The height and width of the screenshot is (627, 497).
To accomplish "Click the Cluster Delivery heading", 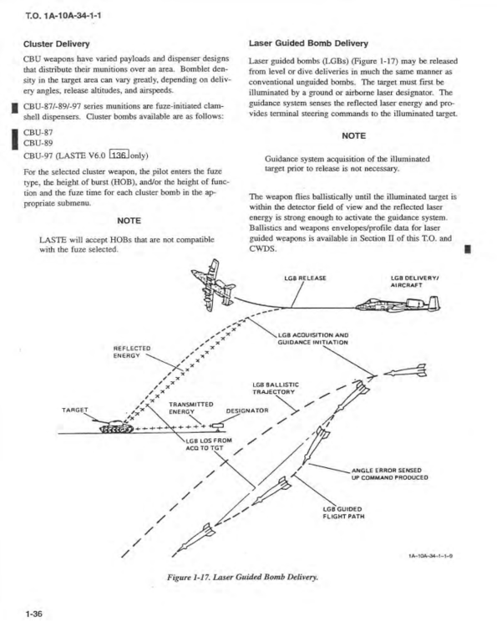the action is click(x=56, y=43).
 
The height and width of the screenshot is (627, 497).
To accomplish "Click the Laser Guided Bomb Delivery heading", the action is click(x=308, y=43).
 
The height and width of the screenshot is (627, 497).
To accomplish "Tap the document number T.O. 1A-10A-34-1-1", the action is click(x=63, y=16).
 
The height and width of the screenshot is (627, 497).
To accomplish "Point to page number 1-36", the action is click(x=34, y=614).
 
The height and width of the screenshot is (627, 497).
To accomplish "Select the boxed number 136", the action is click(x=119, y=155).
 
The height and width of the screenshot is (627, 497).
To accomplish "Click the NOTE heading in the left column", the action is click(x=129, y=221).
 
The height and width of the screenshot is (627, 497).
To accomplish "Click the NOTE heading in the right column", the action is click(x=353, y=136).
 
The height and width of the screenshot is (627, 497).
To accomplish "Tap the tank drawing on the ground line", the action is click(x=116, y=426).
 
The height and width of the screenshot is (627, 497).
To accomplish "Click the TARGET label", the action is click(x=74, y=410).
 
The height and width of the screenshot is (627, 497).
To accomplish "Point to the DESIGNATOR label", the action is click(x=247, y=410).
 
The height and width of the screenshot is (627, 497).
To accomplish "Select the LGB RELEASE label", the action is click(x=305, y=278).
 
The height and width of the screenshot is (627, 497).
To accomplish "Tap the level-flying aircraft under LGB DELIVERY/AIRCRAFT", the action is click(x=398, y=304).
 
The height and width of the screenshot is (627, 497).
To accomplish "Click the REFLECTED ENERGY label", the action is click(x=132, y=352).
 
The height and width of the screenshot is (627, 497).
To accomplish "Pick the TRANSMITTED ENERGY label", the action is click(x=191, y=408).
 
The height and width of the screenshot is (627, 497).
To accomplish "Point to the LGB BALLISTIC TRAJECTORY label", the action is click(x=276, y=388).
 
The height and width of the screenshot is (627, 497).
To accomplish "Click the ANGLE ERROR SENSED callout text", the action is click(x=389, y=474).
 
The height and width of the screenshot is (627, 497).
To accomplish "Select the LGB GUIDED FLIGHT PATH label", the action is click(x=343, y=512).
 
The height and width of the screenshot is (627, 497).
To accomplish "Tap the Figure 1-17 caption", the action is click(x=243, y=577).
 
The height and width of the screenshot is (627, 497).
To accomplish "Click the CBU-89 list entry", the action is click(x=38, y=143).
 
